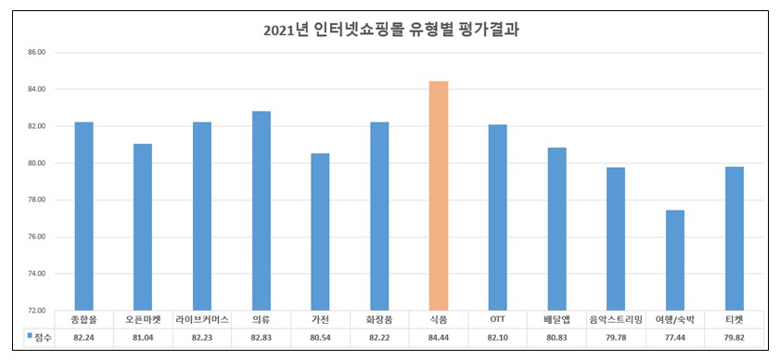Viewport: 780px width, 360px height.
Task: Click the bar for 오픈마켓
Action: coord(143,227)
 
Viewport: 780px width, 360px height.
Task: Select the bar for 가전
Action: coord(320,232)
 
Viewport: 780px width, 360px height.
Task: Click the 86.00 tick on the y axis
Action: coord(36,53)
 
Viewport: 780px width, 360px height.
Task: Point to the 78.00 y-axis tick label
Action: coord(36,200)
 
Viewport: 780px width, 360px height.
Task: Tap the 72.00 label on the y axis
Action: coord(36,311)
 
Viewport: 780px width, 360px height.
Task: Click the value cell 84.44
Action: coord(439,338)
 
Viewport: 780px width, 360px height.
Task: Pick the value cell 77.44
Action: coord(675,338)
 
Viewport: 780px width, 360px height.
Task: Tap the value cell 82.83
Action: coord(262,338)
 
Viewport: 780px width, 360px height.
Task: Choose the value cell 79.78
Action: coord(616,338)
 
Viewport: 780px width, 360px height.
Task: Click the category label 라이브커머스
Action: coord(202,319)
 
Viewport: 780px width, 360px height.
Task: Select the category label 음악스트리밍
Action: coord(616,319)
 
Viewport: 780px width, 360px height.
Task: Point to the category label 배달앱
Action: coord(556,319)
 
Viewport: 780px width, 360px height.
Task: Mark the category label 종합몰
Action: coord(84,319)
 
